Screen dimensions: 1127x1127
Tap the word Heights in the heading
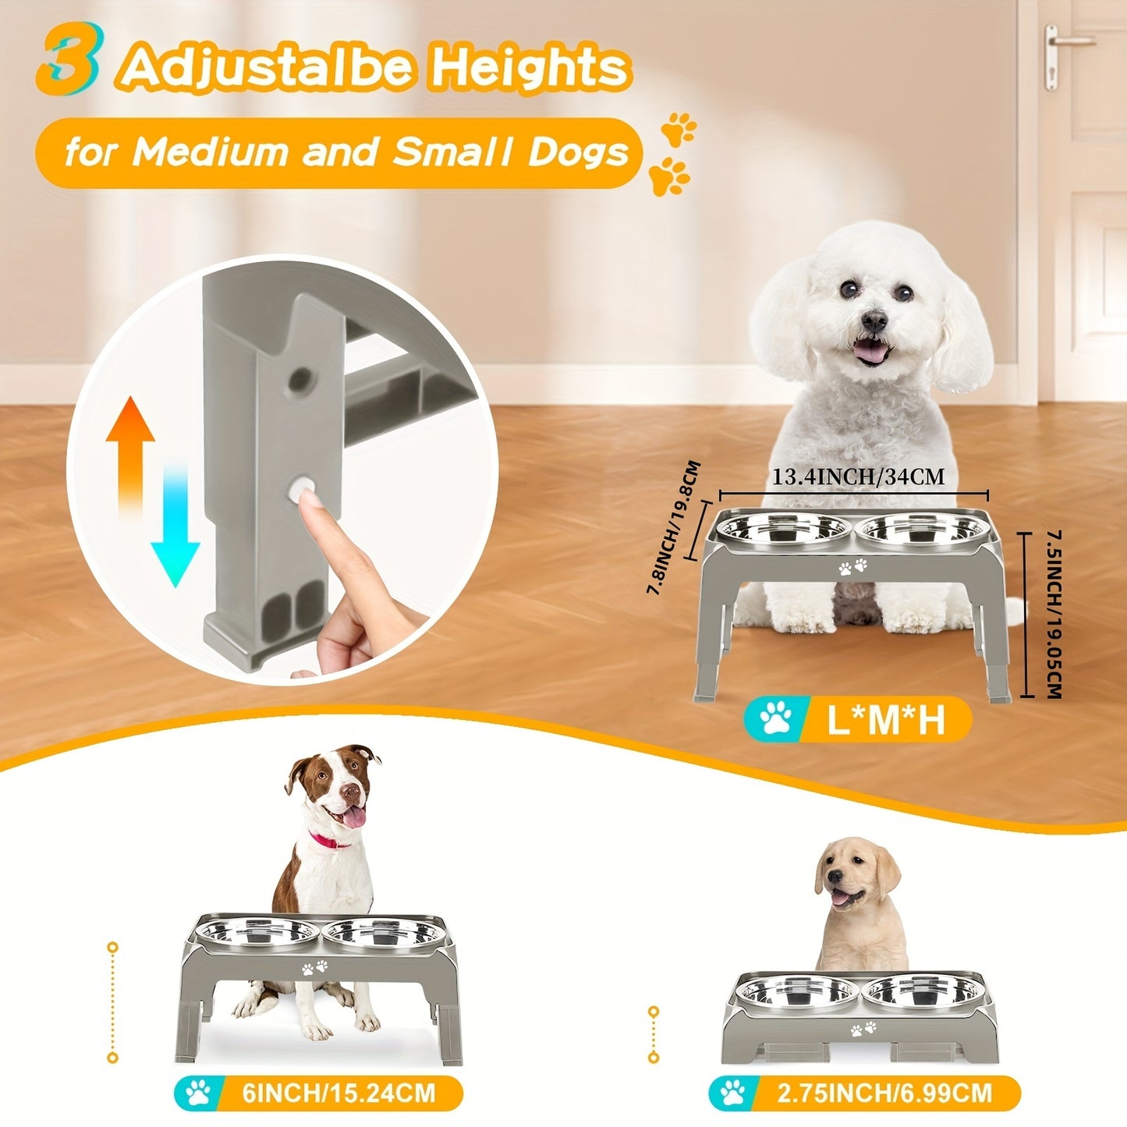[x=530, y=69]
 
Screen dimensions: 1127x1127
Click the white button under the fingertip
[x=301, y=491]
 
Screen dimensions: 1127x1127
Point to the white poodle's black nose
[x=874, y=318]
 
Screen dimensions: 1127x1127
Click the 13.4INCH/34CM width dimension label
[x=858, y=477]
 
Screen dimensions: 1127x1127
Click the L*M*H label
[x=885, y=719]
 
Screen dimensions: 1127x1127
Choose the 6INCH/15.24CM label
[x=338, y=1092]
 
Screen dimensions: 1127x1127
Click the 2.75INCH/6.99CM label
[x=884, y=1093]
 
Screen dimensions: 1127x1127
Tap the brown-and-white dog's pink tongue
[x=355, y=817]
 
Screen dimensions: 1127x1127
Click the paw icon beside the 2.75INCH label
[x=733, y=1093]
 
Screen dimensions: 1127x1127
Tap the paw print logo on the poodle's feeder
[x=852, y=566]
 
